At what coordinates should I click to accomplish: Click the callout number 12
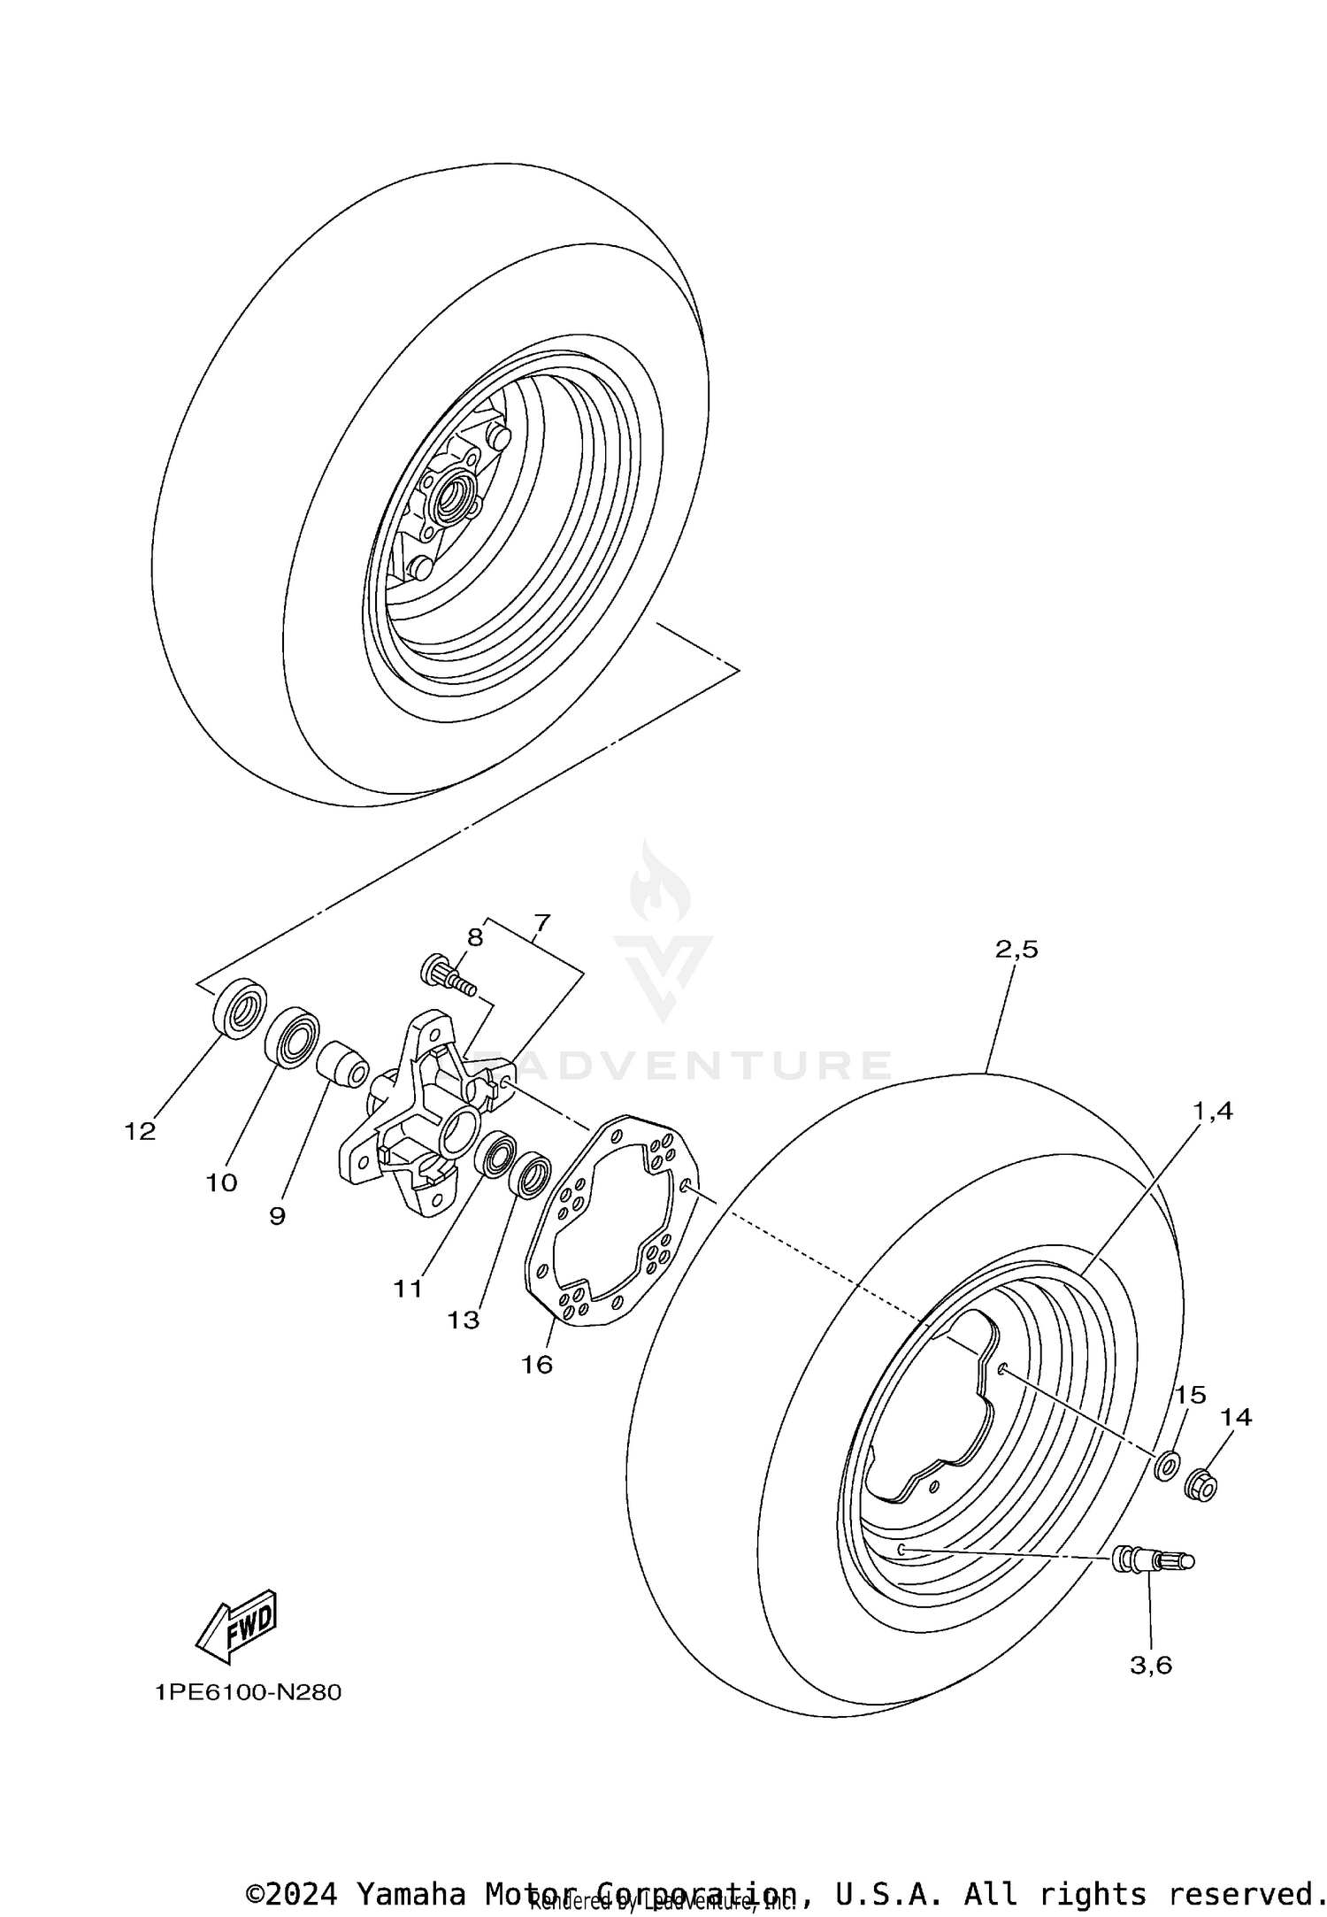coord(140,1131)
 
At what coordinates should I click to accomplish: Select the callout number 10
coord(222,1182)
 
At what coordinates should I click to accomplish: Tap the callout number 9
coord(277,1216)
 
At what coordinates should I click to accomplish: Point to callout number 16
coord(536,1365)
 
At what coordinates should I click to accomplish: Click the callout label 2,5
coord(1016,950)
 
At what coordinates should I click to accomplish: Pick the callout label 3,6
coord(1151,1666)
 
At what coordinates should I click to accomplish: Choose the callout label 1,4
coord(1213,1111)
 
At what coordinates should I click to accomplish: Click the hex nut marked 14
coord(1200,1484)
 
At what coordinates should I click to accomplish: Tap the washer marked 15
coord(1166,1466)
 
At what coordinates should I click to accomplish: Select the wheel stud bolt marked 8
coord(447,975)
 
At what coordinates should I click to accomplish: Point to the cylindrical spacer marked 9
coord(344,1061)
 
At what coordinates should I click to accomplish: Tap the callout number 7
coord(541,924)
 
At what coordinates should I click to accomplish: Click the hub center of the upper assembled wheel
coord(452,494)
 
